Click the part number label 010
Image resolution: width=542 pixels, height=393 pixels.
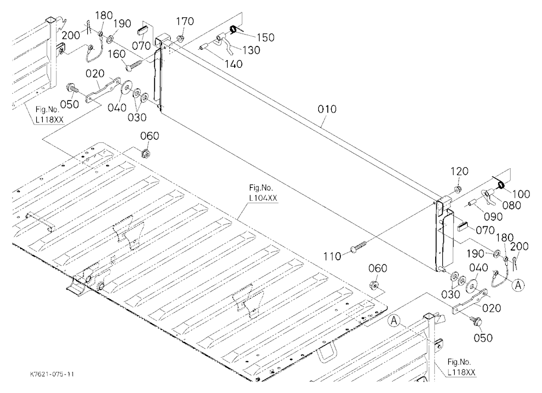[x=327, y=109]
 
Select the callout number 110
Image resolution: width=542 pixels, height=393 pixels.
[x=332, y=256]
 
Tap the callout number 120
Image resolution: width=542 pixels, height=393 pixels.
[x=460, y=171]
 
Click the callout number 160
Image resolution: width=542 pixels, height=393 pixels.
[x=117, y=54]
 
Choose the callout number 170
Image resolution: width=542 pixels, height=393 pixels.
[x=185, y=22]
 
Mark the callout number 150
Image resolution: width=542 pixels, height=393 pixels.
[x=266, y=37]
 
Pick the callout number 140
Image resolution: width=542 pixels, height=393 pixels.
[x=234, y=64]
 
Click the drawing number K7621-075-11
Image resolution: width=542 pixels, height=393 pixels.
[x=52, y=375]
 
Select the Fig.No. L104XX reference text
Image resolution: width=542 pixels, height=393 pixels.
[x=263, y=193]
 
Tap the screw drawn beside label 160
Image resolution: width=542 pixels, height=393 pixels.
[x=134, y=66]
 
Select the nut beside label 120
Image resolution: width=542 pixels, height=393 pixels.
[x=457, y=189]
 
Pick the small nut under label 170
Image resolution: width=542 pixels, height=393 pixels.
[x=180, y=38]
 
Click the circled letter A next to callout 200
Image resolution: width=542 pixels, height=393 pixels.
[x=518, y=285]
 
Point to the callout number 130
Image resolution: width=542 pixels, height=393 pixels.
[x=251, y=50]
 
